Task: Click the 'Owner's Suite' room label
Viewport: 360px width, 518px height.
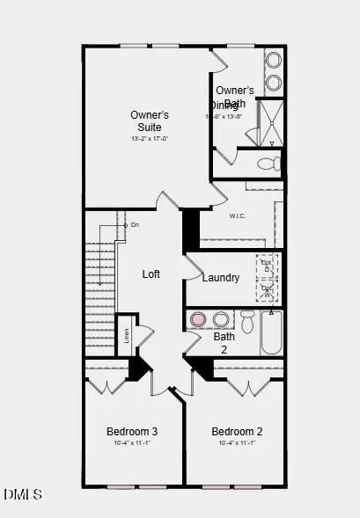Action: (x=149, y=120)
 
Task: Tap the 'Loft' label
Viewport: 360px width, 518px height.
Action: (x=151, y=274)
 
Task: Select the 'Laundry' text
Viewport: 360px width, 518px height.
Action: (x=220, y=278)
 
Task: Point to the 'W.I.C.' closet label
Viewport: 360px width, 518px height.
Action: (x=237, y=216)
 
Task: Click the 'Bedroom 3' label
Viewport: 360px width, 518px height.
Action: (x=132, y=432)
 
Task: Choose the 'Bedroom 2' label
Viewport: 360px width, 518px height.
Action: (x=237, y=432)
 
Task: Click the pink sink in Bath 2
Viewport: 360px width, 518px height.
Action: (x=199, y=319)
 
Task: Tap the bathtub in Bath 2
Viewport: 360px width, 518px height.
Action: (x=271, y=332)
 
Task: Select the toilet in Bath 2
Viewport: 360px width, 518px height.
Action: (x=247, y=321)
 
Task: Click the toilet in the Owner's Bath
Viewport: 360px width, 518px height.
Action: (x=271, y=164)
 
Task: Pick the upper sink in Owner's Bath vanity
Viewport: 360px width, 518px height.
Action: (x=273, y=61)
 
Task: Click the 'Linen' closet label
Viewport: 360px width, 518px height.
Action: (x=126, y=334)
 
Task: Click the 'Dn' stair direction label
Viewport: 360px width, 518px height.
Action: (x=134, y=225)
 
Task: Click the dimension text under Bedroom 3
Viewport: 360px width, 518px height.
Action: (x=132, y=443)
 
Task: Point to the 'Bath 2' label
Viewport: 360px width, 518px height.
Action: (x=224, y=342)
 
